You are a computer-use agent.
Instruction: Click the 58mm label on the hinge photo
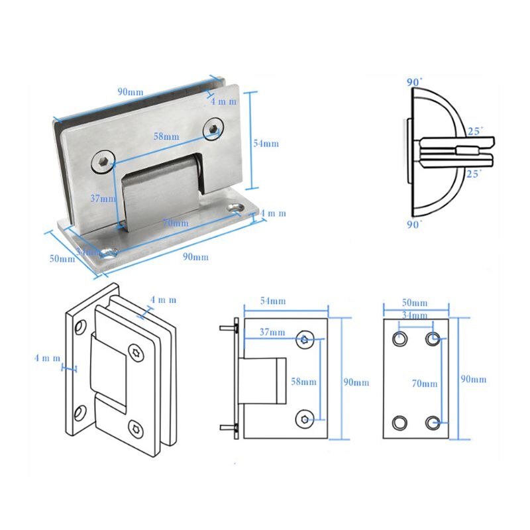coord(166,136)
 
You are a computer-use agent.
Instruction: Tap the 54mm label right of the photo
coord(266,144)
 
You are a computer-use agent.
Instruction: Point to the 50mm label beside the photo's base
coord(62,258)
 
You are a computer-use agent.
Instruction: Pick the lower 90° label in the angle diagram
coord(414,225)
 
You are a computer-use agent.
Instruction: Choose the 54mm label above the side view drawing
coord(273,301)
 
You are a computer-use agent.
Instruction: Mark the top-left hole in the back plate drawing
coord(399,339)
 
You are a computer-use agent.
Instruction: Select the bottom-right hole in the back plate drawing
coord(433,422)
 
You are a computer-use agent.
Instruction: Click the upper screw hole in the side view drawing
coord(305,339)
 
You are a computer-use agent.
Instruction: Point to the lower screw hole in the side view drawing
coord(305,417)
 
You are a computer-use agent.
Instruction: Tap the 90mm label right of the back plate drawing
coord(474,379)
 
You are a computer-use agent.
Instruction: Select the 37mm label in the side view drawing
coord(272,332)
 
